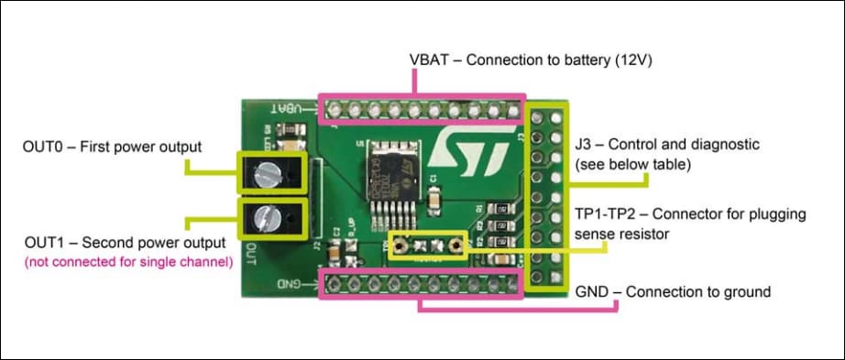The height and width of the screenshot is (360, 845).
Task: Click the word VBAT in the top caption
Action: (x=430, y=60)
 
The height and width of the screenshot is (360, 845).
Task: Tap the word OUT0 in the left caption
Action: (x=44, y=147)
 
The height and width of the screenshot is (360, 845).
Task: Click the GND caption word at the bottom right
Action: (x=593, y=292)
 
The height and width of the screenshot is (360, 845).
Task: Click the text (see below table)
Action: (x=631, y=165)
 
